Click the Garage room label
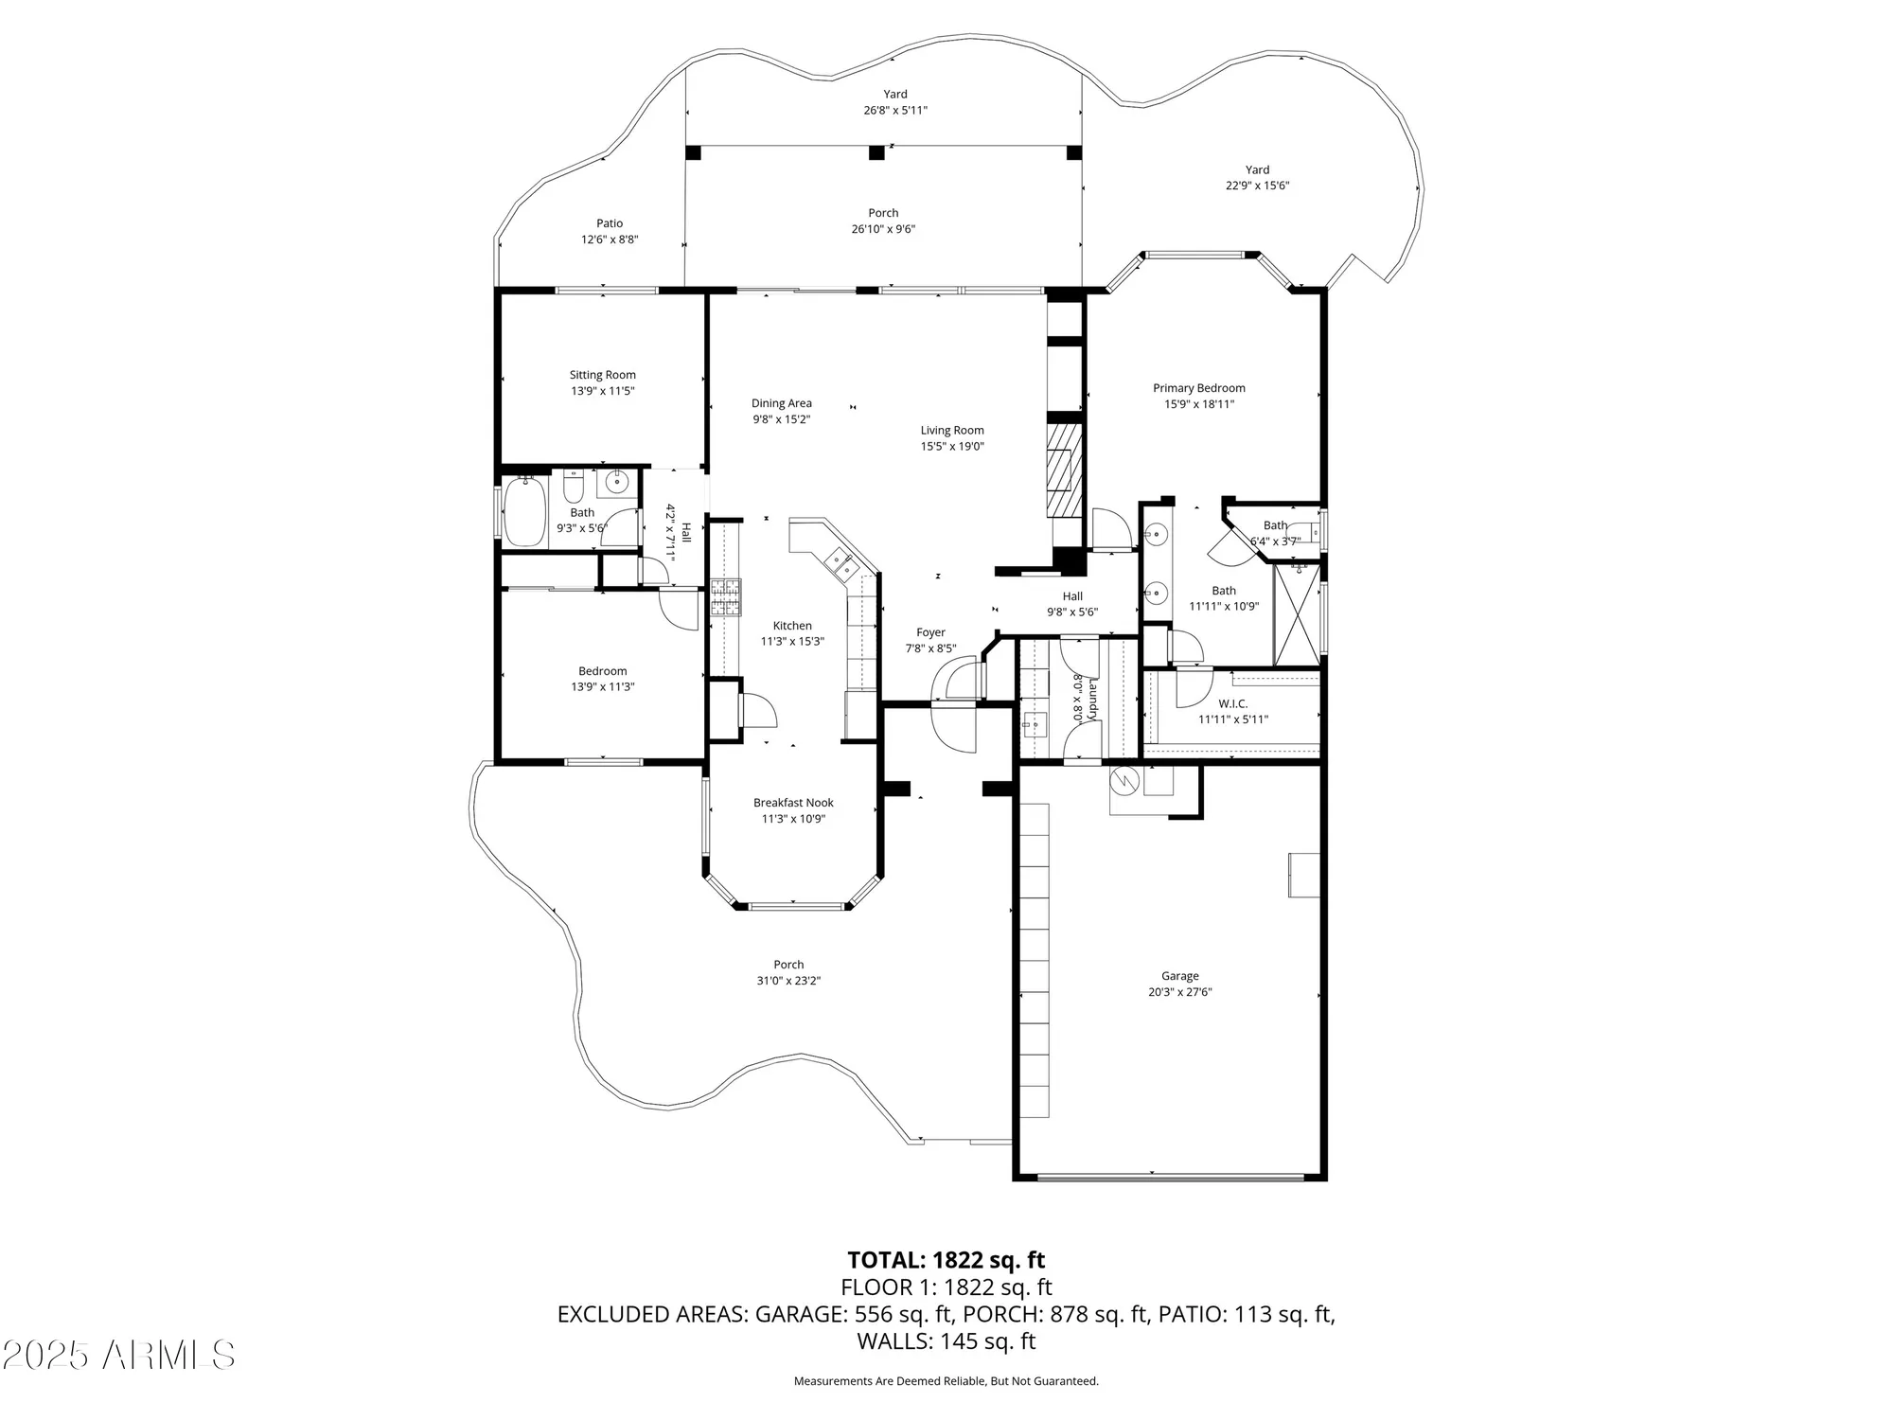[x=1179, y=976]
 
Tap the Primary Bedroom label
[x=1198, y=388]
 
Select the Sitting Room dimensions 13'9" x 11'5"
[x=602, y=391]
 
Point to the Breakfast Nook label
[x=793, y=803]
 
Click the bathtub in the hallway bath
[x=523, y=512]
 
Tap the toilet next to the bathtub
[x=573, y=488]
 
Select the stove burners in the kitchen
[x=726, y=597]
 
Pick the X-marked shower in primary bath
[x=1297, y=613]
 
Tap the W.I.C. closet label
[x=1232, y=704]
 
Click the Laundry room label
[x=1093, y=699]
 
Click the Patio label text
[x=610, y=224]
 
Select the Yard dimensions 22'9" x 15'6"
[x=1257, y=186]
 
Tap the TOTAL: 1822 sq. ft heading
[x=946, y=1260]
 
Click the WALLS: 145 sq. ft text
[x=946, y=1341]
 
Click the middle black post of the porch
[x=876, y=151]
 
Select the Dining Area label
[x=781, y=403]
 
